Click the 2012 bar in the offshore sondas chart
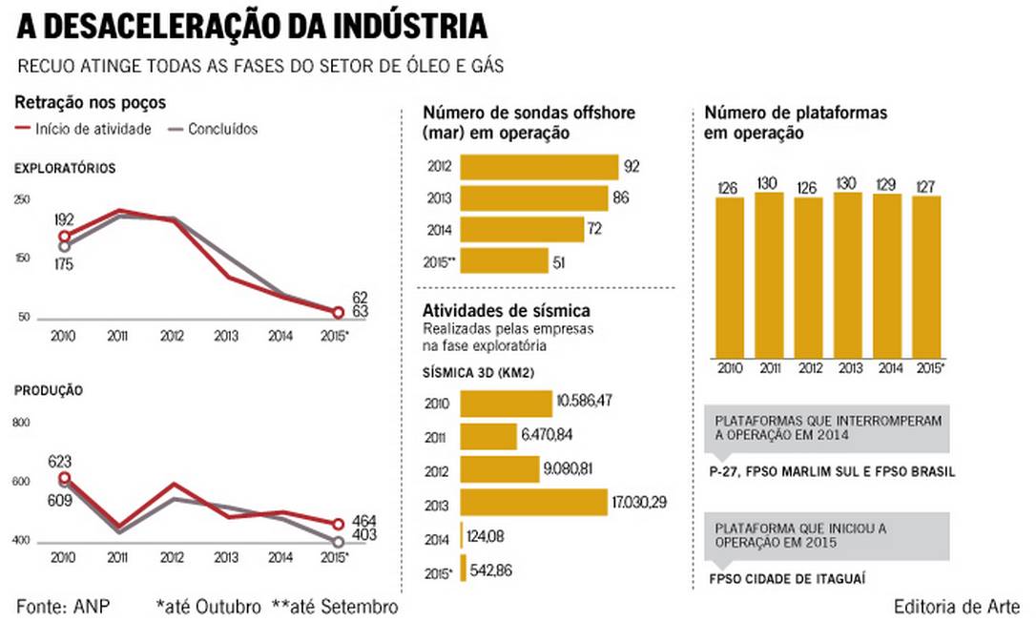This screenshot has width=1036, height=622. click(539, 167)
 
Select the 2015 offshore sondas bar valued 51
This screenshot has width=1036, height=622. click(504, 261)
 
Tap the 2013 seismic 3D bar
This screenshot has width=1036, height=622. click(533, 502)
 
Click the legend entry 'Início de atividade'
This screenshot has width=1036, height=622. click(93, 129)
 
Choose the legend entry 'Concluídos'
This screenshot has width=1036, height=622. click(222, 129)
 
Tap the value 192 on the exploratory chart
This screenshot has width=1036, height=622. click(64, 219)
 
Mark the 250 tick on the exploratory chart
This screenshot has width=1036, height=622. click(22, 198)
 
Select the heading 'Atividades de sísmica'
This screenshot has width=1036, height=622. click(507, 311)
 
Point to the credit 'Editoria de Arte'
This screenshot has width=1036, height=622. click(957, 607)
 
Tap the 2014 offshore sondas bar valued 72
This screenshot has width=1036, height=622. click(522, 229)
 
